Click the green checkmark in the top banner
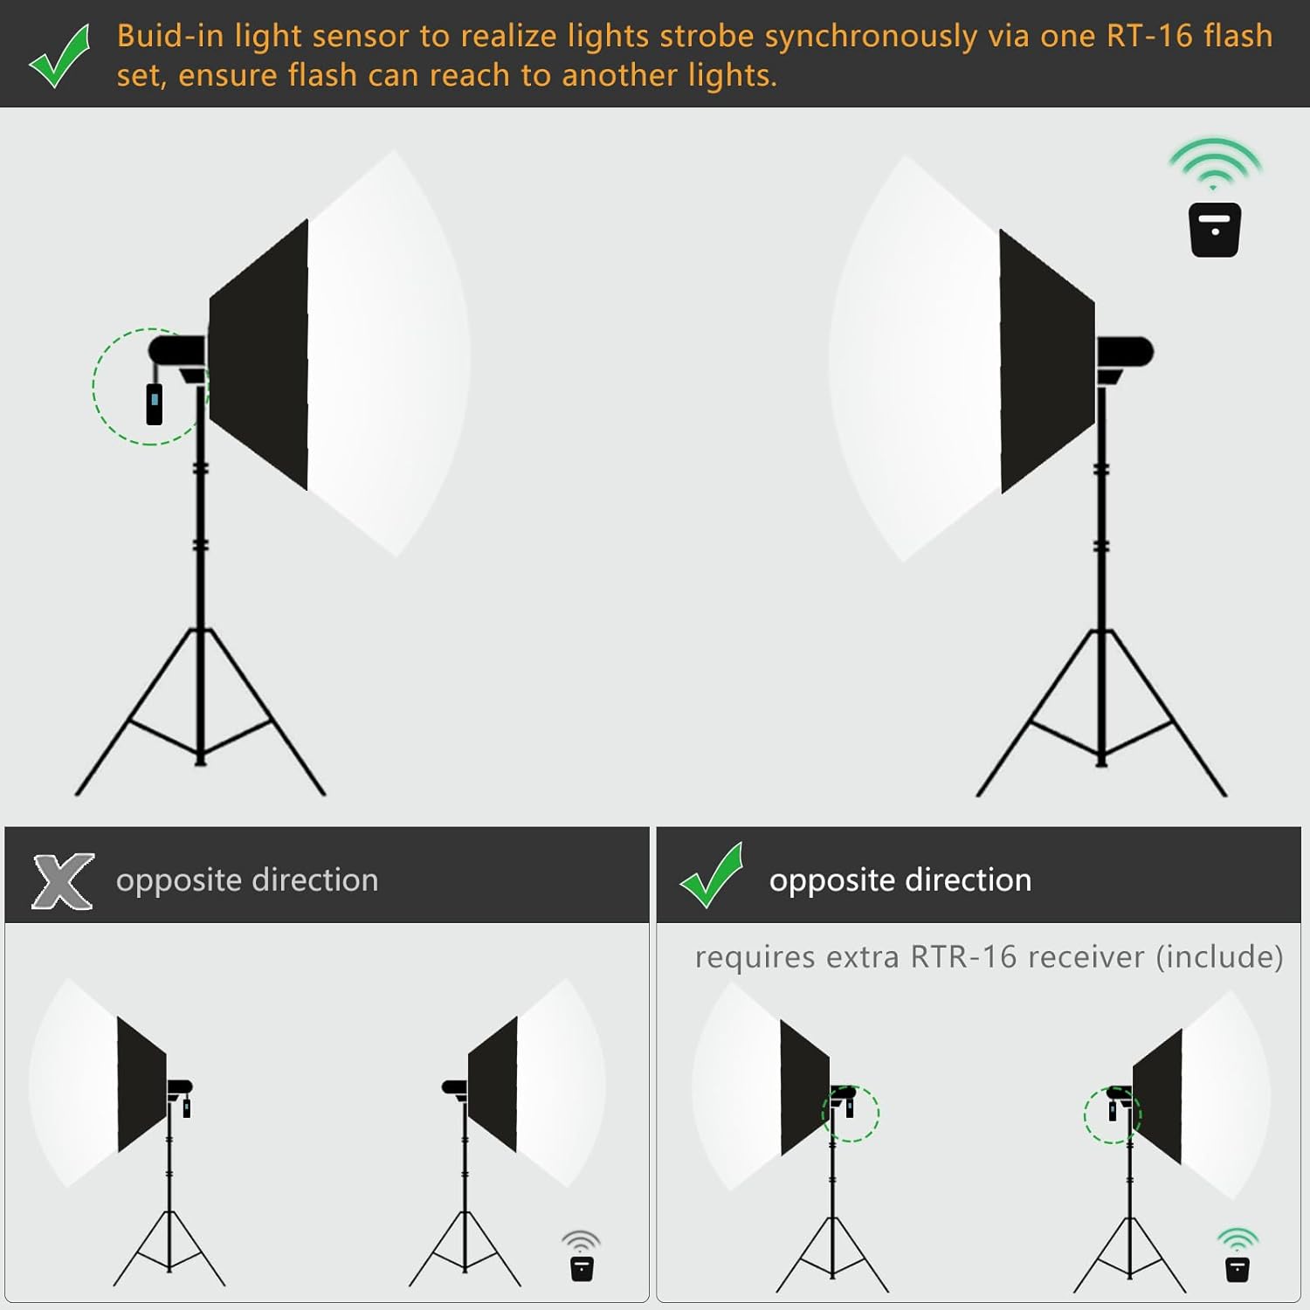coord(59,56)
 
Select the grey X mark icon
coord(63,881)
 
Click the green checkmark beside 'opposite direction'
coord(711,876)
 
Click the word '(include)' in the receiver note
coord(1219,957)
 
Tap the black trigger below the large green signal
coord(1215,230)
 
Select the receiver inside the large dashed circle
coord(155,403)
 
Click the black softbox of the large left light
coord(259,354)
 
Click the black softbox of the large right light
coord(1046,360)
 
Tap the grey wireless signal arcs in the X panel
coord(581,1240)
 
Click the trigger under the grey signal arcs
coord(582,1268)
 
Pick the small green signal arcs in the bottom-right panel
coord(1238,1238)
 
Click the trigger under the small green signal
coord(1238,1268)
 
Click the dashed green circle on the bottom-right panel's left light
coord(850,1113)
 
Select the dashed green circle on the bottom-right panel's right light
coord(1112,1115)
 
